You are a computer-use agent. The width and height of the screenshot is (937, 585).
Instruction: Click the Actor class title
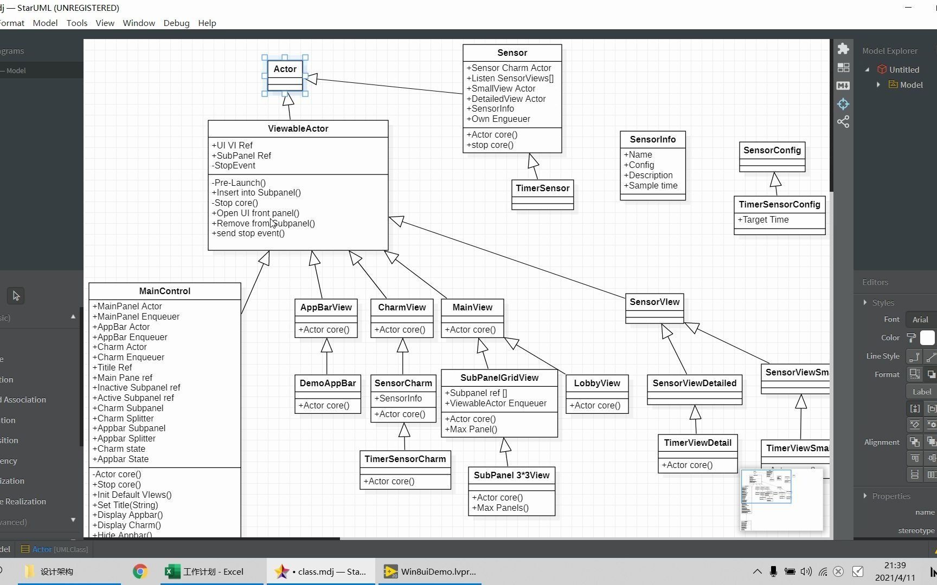coord(285,69)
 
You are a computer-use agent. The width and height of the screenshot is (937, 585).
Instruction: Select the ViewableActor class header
coord(298,129)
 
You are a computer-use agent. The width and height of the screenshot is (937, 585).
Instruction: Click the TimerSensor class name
coord(542,188)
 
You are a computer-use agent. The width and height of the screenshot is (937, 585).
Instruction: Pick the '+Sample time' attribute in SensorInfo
coord(651,186)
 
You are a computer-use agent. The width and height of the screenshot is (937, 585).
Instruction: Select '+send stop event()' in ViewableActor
coord(248,233)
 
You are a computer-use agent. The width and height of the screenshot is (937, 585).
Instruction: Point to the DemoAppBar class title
coord(328,383)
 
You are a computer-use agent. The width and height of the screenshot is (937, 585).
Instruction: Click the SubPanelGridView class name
coord(499,378)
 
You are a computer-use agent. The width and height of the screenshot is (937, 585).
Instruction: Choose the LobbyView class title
coord(597,383)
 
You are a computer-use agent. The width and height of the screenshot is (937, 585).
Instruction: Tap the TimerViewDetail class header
coord(697,443)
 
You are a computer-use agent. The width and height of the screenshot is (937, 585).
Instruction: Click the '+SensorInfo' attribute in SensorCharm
coord(398,399)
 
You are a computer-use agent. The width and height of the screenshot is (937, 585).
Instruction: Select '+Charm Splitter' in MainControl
coord(123,419)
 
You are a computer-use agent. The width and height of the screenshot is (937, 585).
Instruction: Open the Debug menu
coord(176,23)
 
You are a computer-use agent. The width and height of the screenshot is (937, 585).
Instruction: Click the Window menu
coord(139,23)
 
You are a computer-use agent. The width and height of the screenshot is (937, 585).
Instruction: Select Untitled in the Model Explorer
coord(904,69)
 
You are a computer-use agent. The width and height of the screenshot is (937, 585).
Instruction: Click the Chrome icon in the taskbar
coord(140,571)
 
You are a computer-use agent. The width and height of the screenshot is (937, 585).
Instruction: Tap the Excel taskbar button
coord(204,571)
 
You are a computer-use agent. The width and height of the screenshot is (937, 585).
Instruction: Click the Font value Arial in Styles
coord(920,320)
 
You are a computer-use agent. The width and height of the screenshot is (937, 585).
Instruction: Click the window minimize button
coord(909,8)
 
